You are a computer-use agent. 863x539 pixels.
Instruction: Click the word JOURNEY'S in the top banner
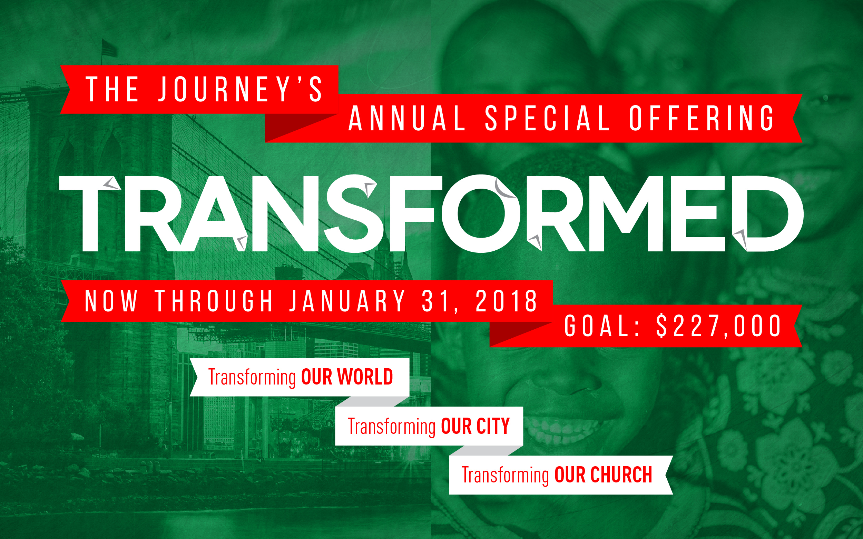click(241, 89)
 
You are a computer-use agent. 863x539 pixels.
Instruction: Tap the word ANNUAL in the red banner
click(407, 118)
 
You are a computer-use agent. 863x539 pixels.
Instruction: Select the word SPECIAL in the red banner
click(547, 118)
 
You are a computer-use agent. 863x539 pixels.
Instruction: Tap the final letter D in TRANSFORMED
click(767, 214)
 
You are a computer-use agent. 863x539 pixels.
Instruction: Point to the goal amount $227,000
click(718, 326)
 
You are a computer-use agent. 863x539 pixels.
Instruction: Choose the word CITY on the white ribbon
click(493, 426)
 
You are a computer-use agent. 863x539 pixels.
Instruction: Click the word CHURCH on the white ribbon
click(621, 475)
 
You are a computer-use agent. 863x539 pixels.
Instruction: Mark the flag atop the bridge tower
click(109, 48)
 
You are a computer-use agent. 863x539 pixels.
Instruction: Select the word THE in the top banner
click(112, 89)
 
